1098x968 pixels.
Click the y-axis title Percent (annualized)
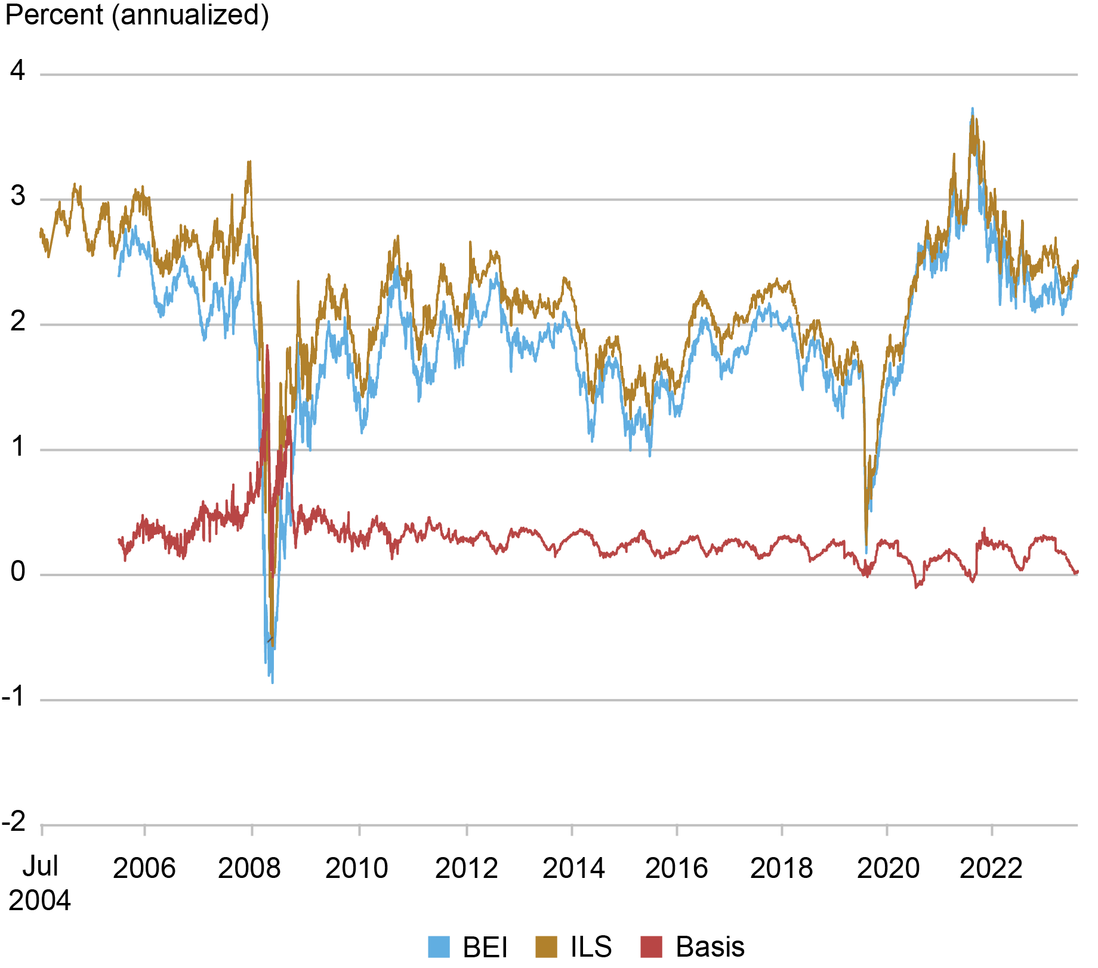137,14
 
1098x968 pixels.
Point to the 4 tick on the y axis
18,72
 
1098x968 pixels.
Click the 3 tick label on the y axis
18,196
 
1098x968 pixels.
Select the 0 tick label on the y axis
18,572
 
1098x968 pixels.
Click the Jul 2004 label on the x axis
39,883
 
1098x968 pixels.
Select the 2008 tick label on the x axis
249,868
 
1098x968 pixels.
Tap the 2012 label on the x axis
466,868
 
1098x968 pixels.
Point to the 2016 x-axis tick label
676,868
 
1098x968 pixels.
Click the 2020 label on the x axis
888,868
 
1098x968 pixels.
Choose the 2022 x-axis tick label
991,868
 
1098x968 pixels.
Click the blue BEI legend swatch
439,947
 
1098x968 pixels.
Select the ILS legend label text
591,947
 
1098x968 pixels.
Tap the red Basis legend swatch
651,947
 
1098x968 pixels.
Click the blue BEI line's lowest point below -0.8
273,682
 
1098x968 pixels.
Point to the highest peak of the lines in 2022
973,109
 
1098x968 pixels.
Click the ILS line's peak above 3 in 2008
249,161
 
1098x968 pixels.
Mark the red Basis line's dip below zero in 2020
916,587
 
